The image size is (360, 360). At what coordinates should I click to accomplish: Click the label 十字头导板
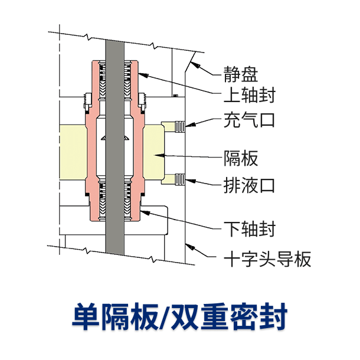tap(267, 258)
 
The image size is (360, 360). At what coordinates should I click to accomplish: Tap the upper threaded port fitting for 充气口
tap(179, 125)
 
